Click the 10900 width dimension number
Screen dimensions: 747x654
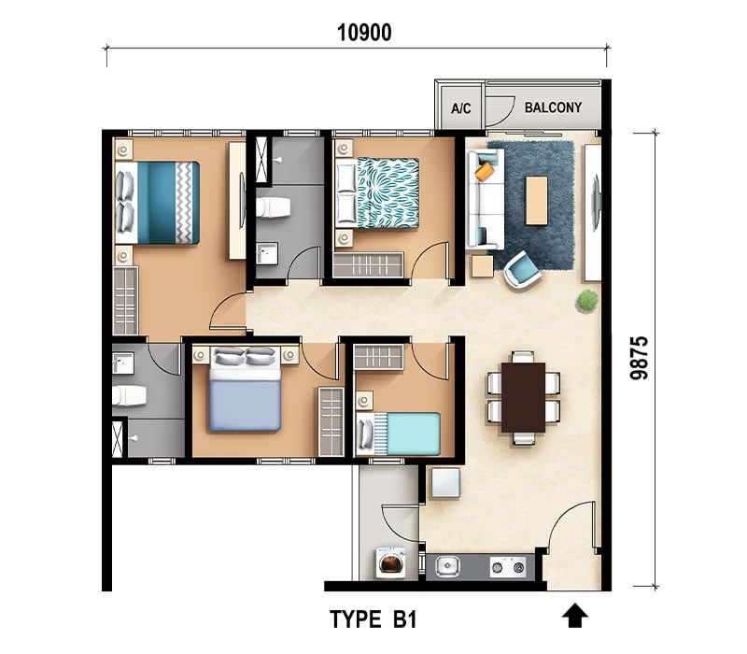pyautogui.click(x=364, y=33)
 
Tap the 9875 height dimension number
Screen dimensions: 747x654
pyautogui.click(x=640, y=358)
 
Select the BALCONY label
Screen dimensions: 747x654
pyautogui.click(x=553, y=107)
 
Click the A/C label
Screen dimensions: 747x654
pyautogui.click(x=461, y=108)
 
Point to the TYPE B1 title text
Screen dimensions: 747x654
pyautogui.click(x=373, y=619)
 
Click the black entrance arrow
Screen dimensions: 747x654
pyautogui.click(x=574, y=616)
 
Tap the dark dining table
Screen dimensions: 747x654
pyautogui.click(x=523, y=398)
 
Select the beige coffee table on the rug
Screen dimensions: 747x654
pyautogui.click(x=536, y=200)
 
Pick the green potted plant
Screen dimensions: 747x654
pyautogui.click(x=586, y=301)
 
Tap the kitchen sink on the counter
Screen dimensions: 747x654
pyautogui.click(x=447, y=567)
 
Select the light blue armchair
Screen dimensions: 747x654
pyautogui.click(x=522, y=269)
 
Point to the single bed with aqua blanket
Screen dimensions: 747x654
pyautogui.click(x=399, y=434)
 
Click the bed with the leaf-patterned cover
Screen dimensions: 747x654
pyautogui.click(x=377, y=192)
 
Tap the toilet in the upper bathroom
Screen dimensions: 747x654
pyautogui.click(x=273, y=207)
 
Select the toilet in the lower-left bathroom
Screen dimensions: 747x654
pyautogui.click(x=129, y=395)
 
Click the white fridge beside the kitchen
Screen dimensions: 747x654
pyautogui.click(x=445, y=483)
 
